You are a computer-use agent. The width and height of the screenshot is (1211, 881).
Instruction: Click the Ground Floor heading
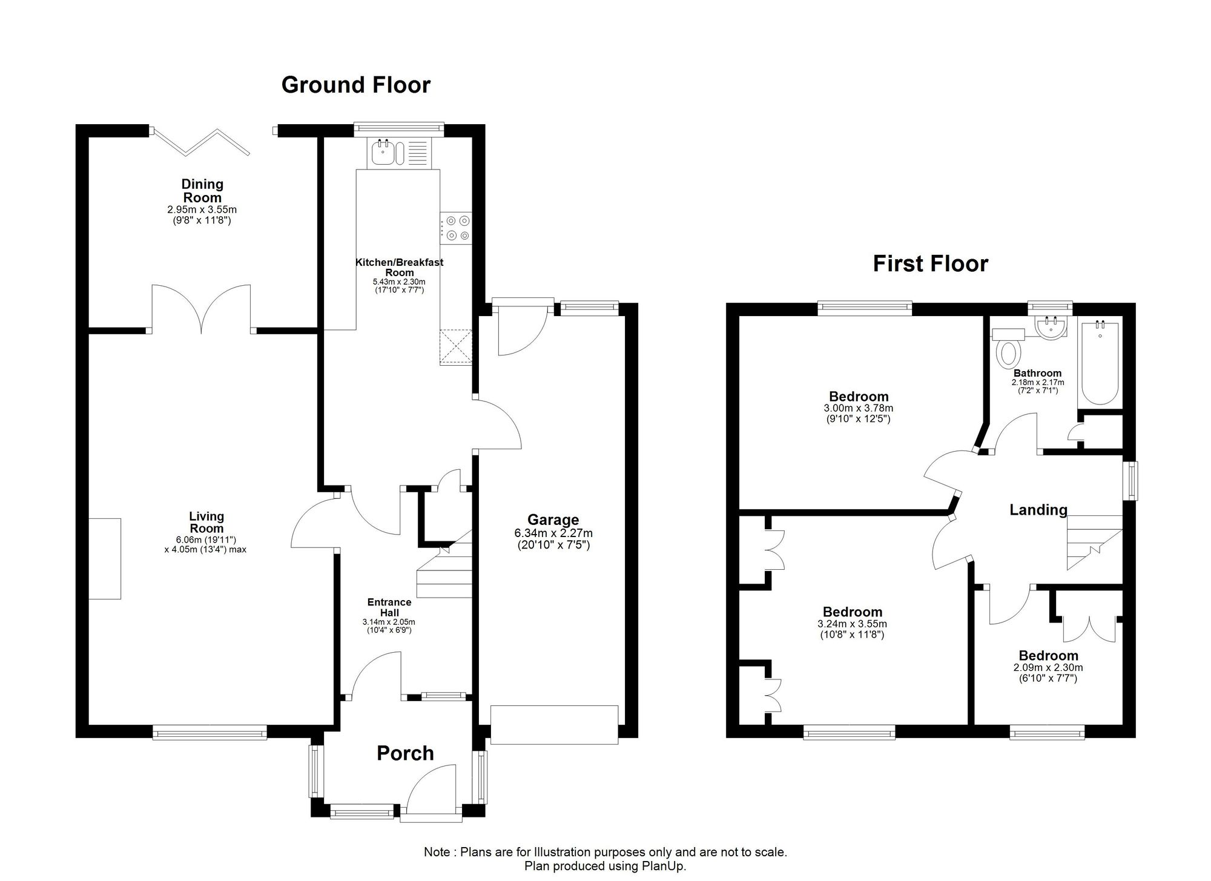(356, 85)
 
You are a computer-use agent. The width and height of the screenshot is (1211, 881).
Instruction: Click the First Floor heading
(931, 264)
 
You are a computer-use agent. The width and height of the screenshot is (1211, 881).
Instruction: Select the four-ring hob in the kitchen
(456, 228)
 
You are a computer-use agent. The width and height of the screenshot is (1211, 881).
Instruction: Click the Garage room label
(553, 520)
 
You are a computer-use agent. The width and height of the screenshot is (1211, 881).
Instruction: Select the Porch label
(405, 753)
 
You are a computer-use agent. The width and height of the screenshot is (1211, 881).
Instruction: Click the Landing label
(1038, 510)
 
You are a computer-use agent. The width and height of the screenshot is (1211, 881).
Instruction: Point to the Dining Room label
(203, 191)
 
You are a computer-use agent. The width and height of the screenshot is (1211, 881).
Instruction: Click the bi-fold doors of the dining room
(200, 142)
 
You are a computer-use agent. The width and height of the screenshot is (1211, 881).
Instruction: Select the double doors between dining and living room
(201, 309)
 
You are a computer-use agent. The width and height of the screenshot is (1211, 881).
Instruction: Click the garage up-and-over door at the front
(554, 725)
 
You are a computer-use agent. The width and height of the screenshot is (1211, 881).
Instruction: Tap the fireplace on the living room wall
(105, 559)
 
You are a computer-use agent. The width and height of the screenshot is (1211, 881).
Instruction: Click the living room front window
(210, 732)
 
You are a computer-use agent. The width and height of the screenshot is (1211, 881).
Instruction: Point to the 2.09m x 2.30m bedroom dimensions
(1048, 673)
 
